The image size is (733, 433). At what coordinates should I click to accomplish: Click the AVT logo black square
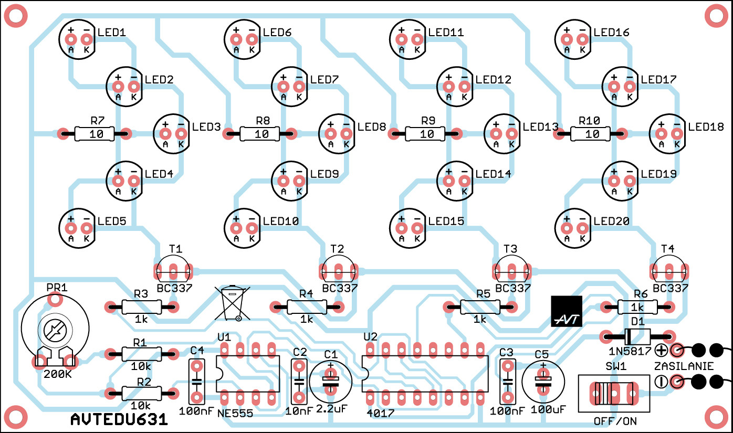click(x=566, y=311)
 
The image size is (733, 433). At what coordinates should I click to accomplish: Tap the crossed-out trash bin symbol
click(x=232, y=303)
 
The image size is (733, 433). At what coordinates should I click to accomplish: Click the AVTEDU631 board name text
click(x=119, y=419)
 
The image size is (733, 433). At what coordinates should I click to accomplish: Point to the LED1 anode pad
click(x=71, y=39)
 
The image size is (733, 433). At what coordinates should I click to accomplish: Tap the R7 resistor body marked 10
click(x=96, y=134)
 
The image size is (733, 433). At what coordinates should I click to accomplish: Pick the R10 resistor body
click(x=592, y=134)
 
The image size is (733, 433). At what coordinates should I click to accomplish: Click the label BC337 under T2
click(x=340, y=288)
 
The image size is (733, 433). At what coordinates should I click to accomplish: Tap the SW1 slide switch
click(x=613, y=394)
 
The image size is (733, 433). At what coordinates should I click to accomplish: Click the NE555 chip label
click(x=235, y=413)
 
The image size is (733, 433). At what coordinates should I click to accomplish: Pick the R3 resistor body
click(x=141, y=307)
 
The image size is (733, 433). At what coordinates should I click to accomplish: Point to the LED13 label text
click(x=541, y=127)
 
